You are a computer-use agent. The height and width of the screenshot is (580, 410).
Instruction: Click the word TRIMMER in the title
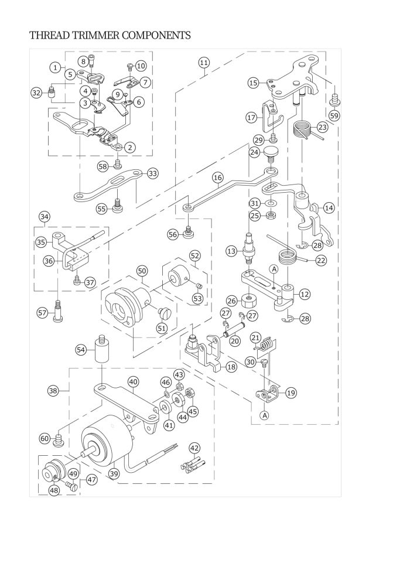pyautogui.click(x=89, y=36)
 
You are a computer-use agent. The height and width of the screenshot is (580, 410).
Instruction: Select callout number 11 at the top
pyautogui.click(x=203, y=62)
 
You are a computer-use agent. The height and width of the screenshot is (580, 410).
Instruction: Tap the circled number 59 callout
pyautogui.click(x=334, y=115)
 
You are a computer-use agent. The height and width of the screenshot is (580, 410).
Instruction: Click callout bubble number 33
pyautogui.click(x=152, y=173)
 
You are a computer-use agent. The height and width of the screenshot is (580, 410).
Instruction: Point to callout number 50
pyautogui.click(x=142, y=271)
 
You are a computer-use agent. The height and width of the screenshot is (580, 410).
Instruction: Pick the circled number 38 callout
pyautogui.click(x=53, y=390)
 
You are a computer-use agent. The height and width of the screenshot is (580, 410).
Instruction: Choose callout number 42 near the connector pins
pyautogui.click(x=195, y=448)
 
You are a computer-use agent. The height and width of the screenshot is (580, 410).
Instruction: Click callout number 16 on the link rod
pyautogui.click(x=218, y=177)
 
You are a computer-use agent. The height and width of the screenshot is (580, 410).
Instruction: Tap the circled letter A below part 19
pyautogui.click(x=265, y=415)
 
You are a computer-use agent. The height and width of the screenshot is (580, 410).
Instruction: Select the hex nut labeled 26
pyautogui.click(x=250, y=301)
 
